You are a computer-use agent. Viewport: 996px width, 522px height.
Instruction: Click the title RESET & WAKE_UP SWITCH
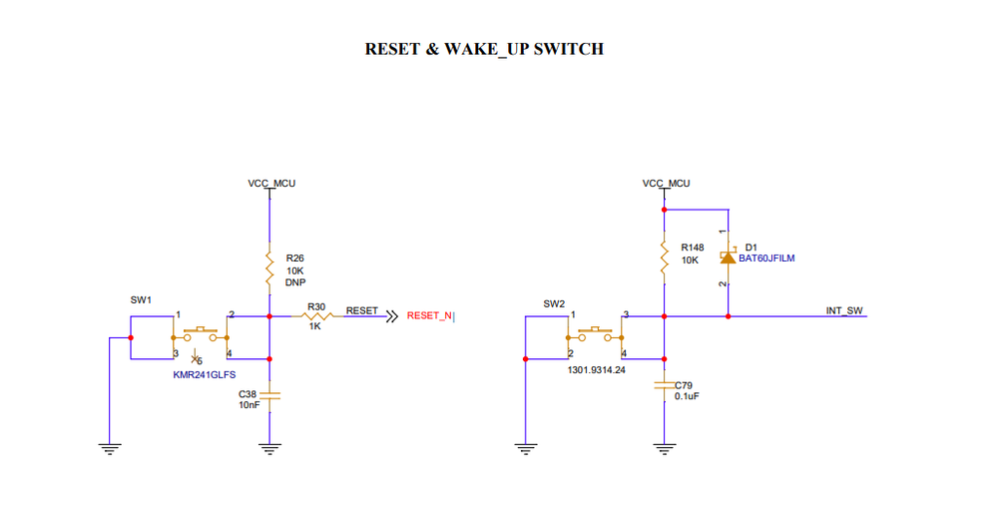(x=484, y=48)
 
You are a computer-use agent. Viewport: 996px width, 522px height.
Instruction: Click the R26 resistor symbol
(x=268, y=267)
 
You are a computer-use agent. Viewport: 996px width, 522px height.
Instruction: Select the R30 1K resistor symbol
(x=315, y=316)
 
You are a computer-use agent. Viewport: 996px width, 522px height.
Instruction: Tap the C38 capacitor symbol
(x=268, y=395)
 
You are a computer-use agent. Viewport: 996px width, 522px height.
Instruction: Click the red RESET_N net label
(x=429, y=316)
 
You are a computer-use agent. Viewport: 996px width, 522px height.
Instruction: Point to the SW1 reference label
(x=141, y=299)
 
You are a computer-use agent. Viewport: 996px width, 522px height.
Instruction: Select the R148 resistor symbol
(x=665, y=260)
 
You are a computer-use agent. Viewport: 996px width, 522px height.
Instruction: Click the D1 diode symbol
(x=729, y=258)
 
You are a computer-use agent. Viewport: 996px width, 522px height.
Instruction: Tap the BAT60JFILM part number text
(x=766, y=259)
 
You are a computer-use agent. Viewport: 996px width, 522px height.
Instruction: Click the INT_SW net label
(x=843, y=310)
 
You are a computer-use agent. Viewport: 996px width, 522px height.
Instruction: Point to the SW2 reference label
(x=554, y=303)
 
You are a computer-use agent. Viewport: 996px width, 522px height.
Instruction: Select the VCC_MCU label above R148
(x=666, y=184)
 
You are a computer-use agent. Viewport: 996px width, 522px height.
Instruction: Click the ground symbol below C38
(x=268, y=448)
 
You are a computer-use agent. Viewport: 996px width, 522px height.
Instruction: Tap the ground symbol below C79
(x=665, y=448)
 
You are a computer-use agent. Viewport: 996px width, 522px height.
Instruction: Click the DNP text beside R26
(x=294, y=282)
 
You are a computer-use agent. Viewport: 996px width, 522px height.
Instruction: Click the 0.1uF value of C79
(x=690, y=396)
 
